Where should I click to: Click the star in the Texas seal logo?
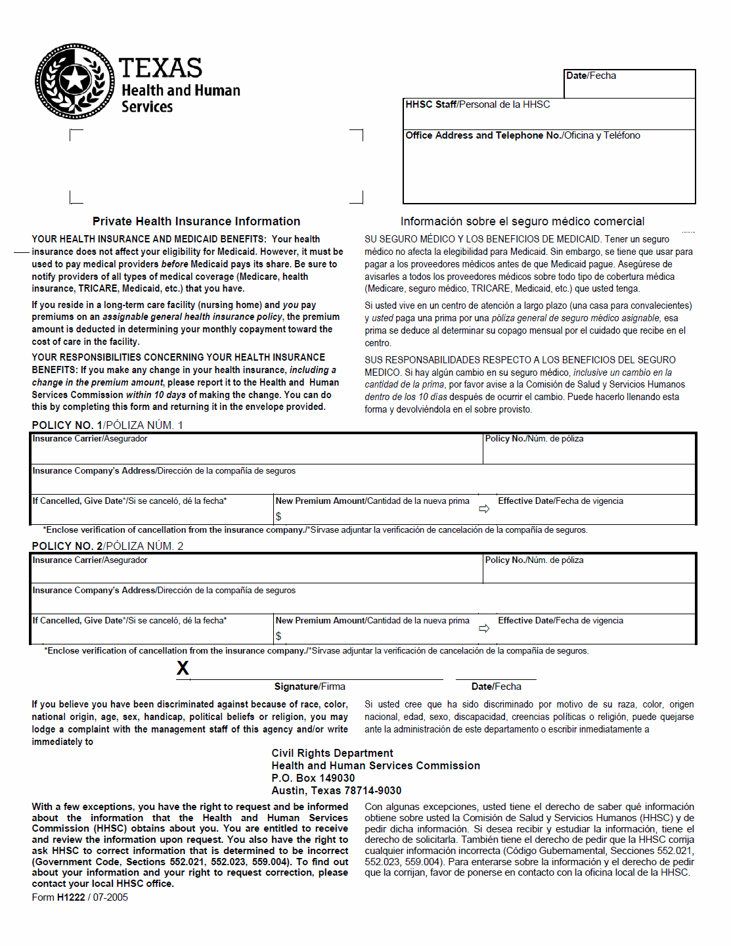pos(75,80)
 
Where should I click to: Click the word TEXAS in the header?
pos(160,68)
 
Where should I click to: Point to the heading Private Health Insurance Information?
pos(196,221)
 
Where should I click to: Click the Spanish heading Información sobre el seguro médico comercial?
pos(522,221)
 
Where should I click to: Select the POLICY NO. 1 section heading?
pos(107,425)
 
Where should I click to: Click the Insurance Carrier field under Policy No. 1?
pos(256,449)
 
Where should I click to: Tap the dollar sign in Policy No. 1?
pos(278,516)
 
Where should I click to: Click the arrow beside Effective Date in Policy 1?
pos(484,508)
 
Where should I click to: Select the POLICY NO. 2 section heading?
pos(107,546)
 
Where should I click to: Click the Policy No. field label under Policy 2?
pos(534,560)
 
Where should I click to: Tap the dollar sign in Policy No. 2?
pos(278,636)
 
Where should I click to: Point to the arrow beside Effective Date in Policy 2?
pos(484,629)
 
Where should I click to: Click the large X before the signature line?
pos(183,668)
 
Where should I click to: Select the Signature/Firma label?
pos(309,687)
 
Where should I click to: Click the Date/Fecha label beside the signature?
pos(496,687)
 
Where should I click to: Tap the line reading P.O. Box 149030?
pos(313,778)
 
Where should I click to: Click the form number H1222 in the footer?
pos(71,897)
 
